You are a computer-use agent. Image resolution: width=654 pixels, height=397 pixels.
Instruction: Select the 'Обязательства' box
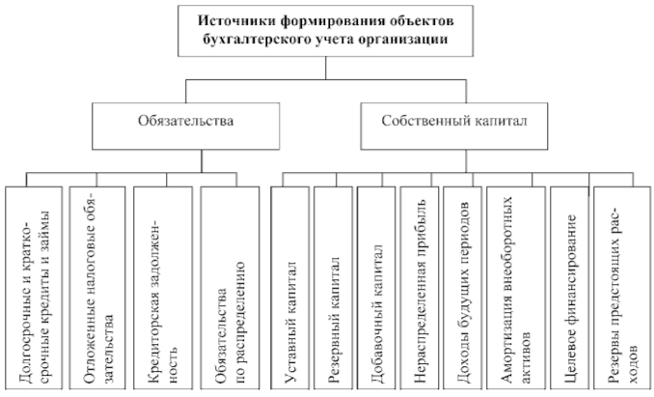(x=184, y=123)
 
